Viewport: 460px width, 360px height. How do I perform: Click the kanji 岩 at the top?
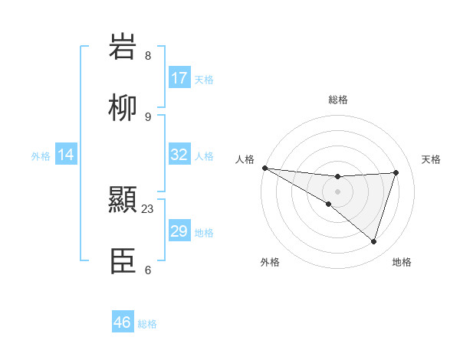[123, 47]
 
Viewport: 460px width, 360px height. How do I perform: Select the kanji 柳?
[123, 108]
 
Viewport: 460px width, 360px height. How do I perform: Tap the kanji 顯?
[123, 201]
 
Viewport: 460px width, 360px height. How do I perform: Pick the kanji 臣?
[123, 261]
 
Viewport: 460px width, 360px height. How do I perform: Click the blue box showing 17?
[179, 78]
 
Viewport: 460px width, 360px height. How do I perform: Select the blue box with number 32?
[179, 155]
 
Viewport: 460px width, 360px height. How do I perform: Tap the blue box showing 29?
[179, 231]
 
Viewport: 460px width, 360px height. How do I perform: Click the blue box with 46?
[123, 322]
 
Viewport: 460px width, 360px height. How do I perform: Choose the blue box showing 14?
[66, 155]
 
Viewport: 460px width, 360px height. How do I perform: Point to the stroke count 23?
[149, 208]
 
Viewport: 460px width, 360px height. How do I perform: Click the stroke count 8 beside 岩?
[148, 56]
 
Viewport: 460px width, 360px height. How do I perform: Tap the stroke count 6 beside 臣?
[148, 270]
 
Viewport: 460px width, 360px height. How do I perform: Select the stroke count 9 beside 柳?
[148, 116]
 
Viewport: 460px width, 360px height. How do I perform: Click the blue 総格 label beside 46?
[147, 324]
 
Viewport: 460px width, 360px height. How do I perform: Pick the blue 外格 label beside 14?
[41, 156]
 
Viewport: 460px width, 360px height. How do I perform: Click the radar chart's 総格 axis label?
[338, 100]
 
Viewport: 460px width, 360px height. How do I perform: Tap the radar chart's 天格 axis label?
[432, 159]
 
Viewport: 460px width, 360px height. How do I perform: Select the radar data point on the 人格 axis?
[264, 168]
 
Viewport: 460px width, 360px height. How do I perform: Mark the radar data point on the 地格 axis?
[373, 241]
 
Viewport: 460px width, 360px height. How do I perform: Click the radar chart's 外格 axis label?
[270, 262]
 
